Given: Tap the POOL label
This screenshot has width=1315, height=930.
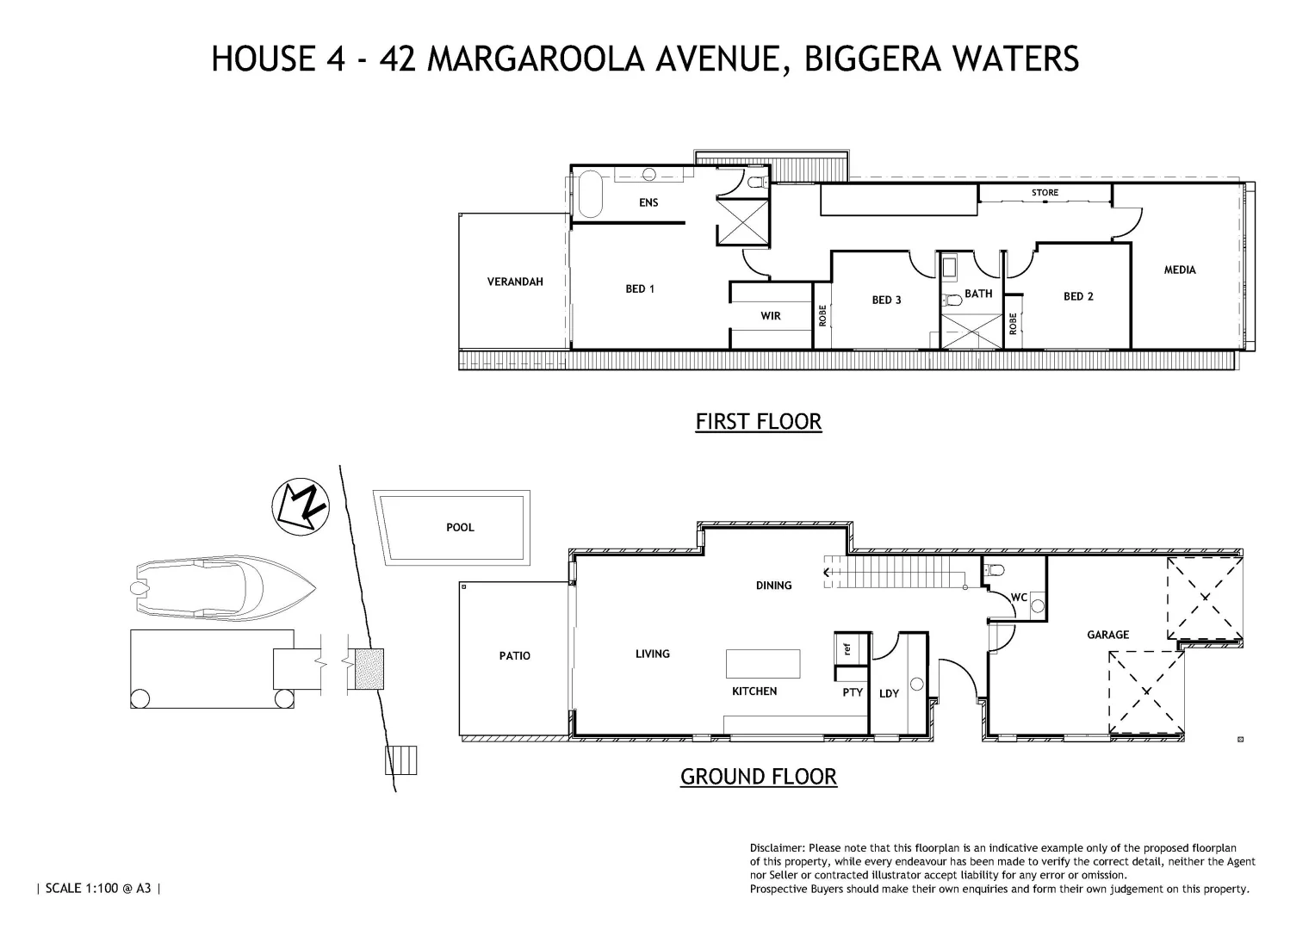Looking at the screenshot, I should tap(460, 527).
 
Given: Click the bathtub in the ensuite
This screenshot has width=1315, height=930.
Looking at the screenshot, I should tap(590, 194).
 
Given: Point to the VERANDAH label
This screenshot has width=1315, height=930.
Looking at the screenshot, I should tap(515, 282).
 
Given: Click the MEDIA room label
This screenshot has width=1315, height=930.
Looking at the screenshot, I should tap(1179, 270).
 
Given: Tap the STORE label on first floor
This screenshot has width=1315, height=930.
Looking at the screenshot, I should tap(1045, 192).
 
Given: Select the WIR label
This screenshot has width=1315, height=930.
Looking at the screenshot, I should tap(770, 316).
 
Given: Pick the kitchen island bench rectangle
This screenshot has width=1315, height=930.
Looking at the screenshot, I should tap(763, 663).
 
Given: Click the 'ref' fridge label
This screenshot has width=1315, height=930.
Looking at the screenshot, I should tap(847, 648).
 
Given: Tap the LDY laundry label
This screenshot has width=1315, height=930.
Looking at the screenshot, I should tap(889, 693).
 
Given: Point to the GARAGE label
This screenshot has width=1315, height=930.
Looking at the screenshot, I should tap(1107, 635).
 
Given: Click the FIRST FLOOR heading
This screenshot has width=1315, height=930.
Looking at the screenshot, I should tap(758, 421).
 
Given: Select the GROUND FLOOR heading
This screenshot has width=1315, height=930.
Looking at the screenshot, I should tap(758, 776).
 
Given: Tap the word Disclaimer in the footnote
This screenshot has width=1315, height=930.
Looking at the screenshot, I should tap(778, 848).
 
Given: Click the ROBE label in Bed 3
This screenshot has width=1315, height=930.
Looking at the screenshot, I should tap(822, 315).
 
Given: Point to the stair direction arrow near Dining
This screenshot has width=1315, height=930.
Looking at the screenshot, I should tap(828, 571).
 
